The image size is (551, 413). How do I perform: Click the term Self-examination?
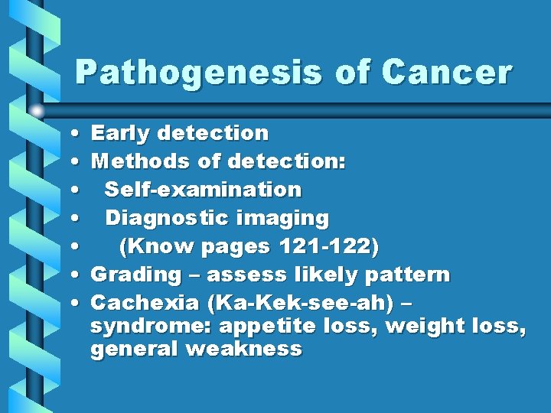click(x=203, y=190)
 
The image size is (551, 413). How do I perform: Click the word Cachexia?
click(x=135, y=303)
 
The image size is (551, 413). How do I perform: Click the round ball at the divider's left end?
click(x=37, y=111)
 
